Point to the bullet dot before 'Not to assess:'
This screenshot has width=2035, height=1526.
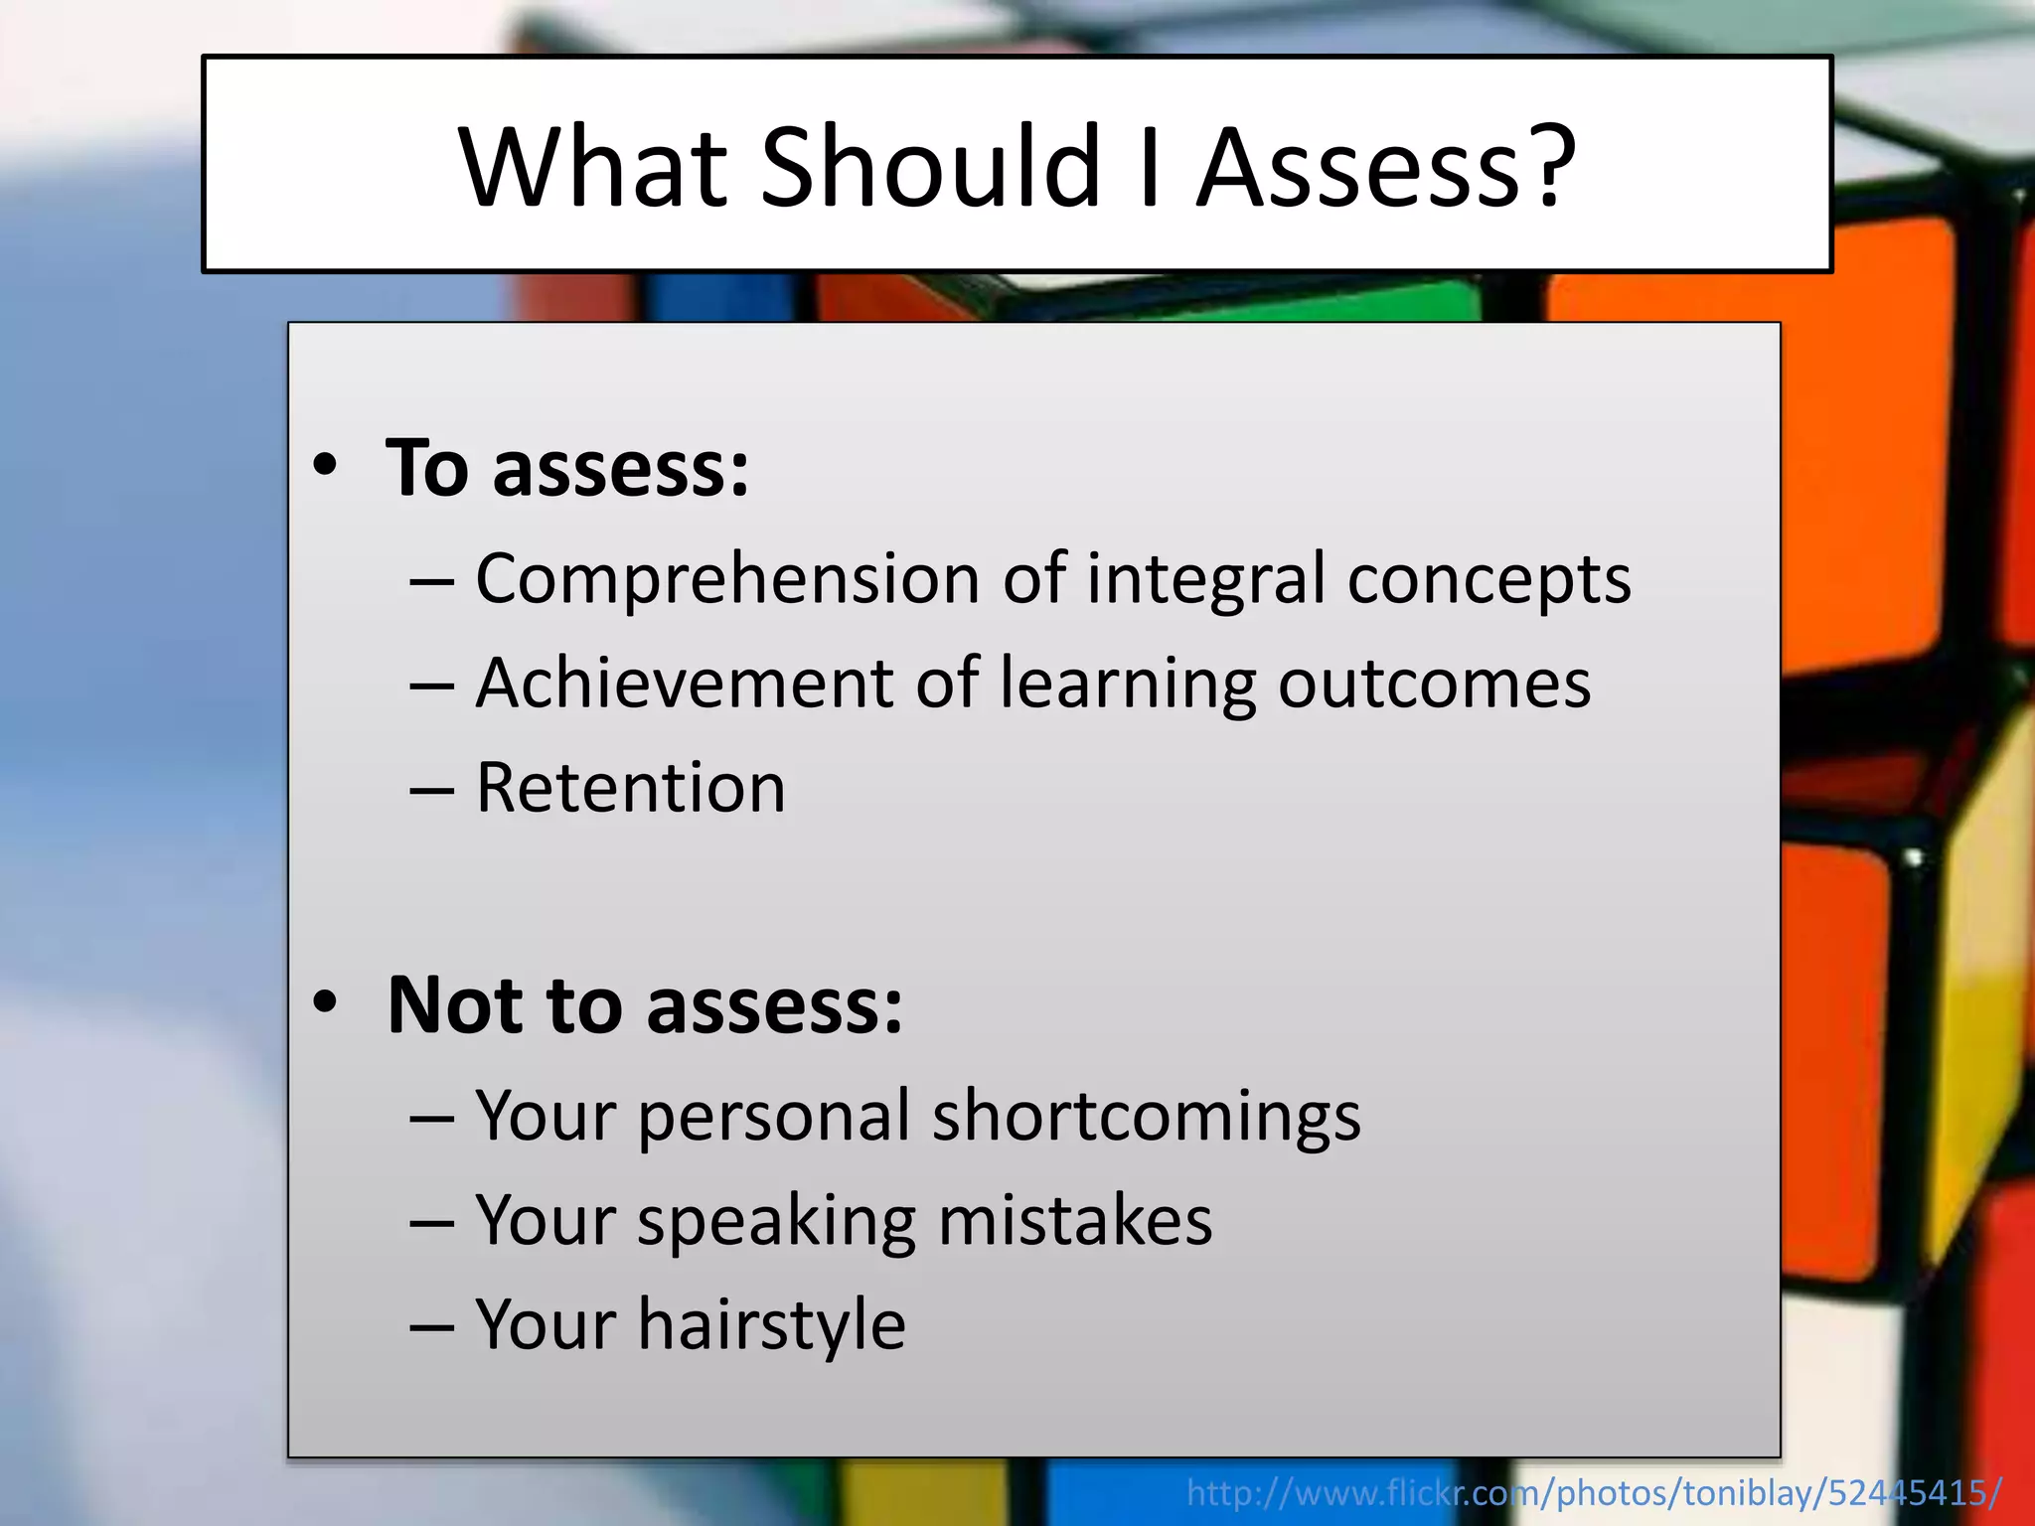click(x=325, y=1002)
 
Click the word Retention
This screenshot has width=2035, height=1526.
click(x=631, y=788)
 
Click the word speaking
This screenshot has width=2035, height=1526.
click(x=776, y=1221)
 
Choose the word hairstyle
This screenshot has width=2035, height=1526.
click(x=772, y=1325)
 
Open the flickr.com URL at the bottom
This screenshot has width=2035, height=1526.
click(x=1594, y=1492)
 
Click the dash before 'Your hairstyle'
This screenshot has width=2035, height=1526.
click(x=431, y=1326)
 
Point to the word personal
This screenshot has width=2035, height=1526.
click(x=774, y=1117)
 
